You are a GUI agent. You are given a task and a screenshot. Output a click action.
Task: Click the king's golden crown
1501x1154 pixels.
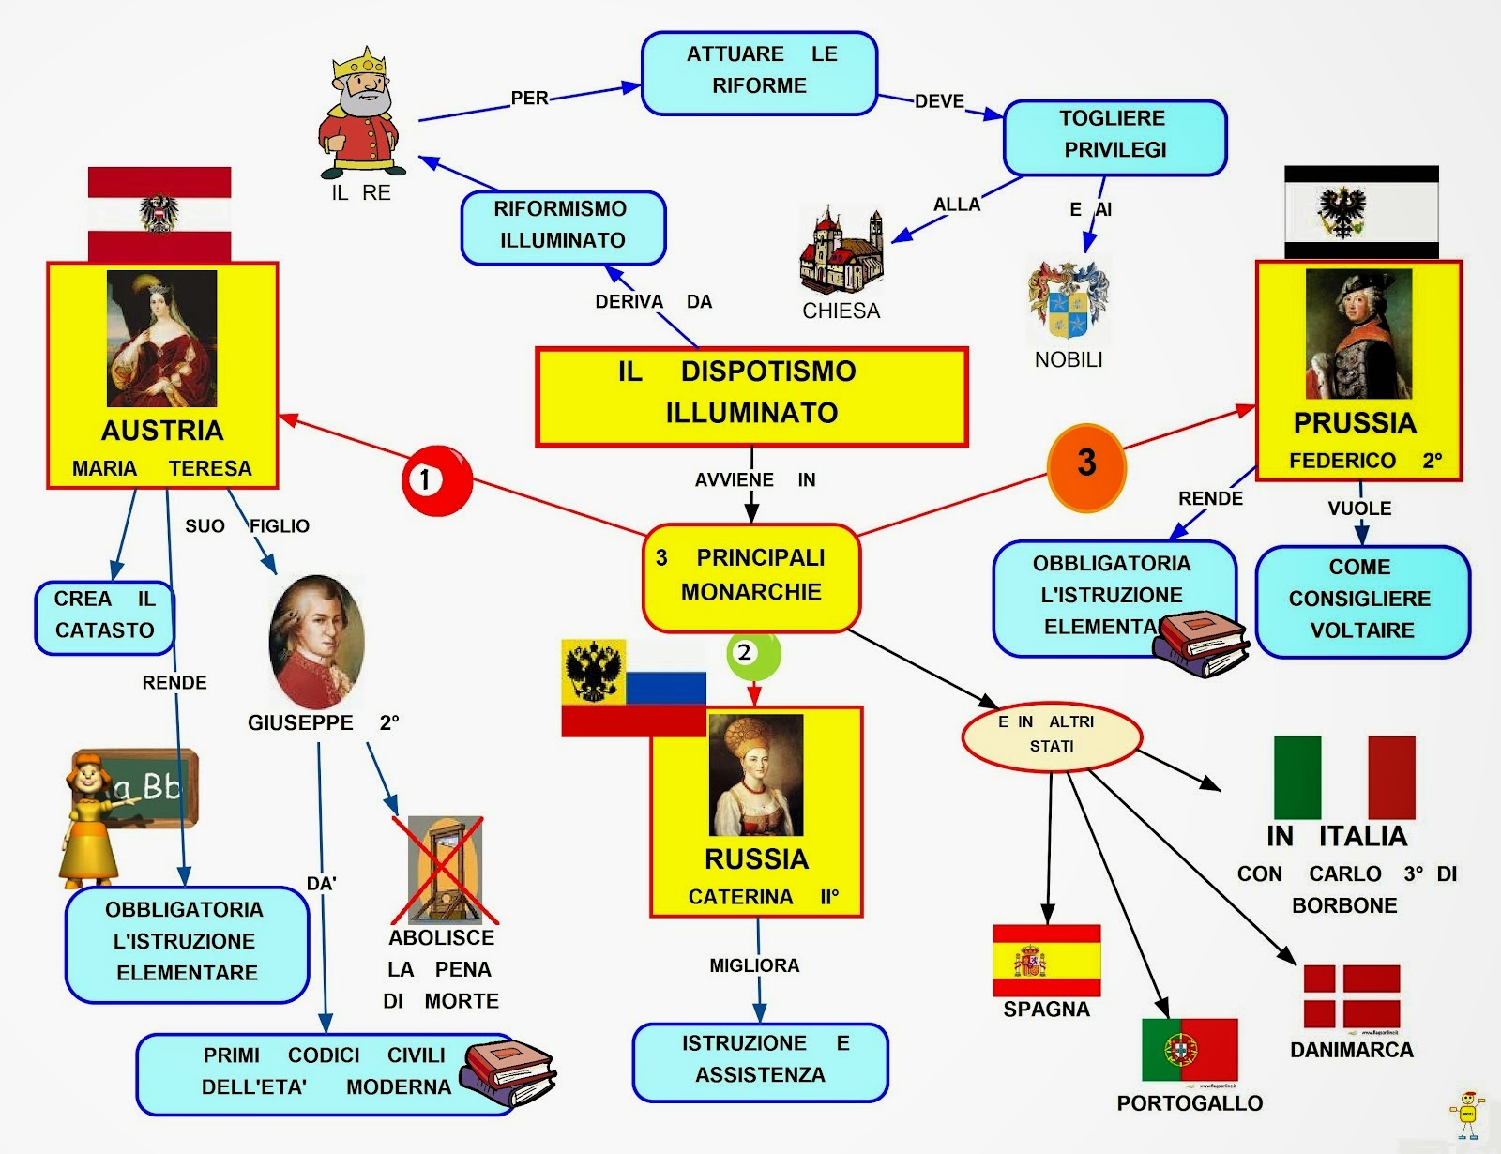(x=360, y=62)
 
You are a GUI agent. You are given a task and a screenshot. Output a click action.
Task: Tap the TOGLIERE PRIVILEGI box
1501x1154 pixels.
(x=1114, y=136)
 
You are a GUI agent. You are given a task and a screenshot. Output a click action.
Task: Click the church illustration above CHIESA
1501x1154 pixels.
(x=841, y=251)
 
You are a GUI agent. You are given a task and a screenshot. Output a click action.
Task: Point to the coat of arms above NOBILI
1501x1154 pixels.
(x=1068, y=301)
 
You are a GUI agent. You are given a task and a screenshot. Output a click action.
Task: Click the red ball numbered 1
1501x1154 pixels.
(x=435, y=479)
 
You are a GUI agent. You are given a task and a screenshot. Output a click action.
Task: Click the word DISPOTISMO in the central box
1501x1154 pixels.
(x=767, y=372)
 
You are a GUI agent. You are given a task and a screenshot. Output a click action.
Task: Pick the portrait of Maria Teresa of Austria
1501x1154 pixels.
(x=161, y=339)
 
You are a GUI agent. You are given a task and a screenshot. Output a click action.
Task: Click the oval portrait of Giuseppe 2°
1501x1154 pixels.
(x=316, y=642)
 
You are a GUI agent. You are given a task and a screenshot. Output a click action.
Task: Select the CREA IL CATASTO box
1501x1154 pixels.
(x=104, y=616)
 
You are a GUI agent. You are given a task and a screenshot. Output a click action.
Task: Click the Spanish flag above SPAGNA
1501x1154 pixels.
(x=1046, y=961)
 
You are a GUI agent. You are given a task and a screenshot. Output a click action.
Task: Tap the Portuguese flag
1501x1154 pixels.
(x=1189, y=1049)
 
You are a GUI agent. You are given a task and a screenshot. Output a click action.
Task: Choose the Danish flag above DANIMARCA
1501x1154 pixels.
(x=1352, y=996)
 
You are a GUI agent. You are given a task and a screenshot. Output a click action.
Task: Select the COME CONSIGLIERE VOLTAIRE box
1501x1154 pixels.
(x=1361, y=600)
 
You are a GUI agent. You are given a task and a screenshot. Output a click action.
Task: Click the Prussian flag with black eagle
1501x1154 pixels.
(x=1360, y=212)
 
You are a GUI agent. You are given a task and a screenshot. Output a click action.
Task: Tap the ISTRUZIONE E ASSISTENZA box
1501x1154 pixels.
(x=759, y=1061)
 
